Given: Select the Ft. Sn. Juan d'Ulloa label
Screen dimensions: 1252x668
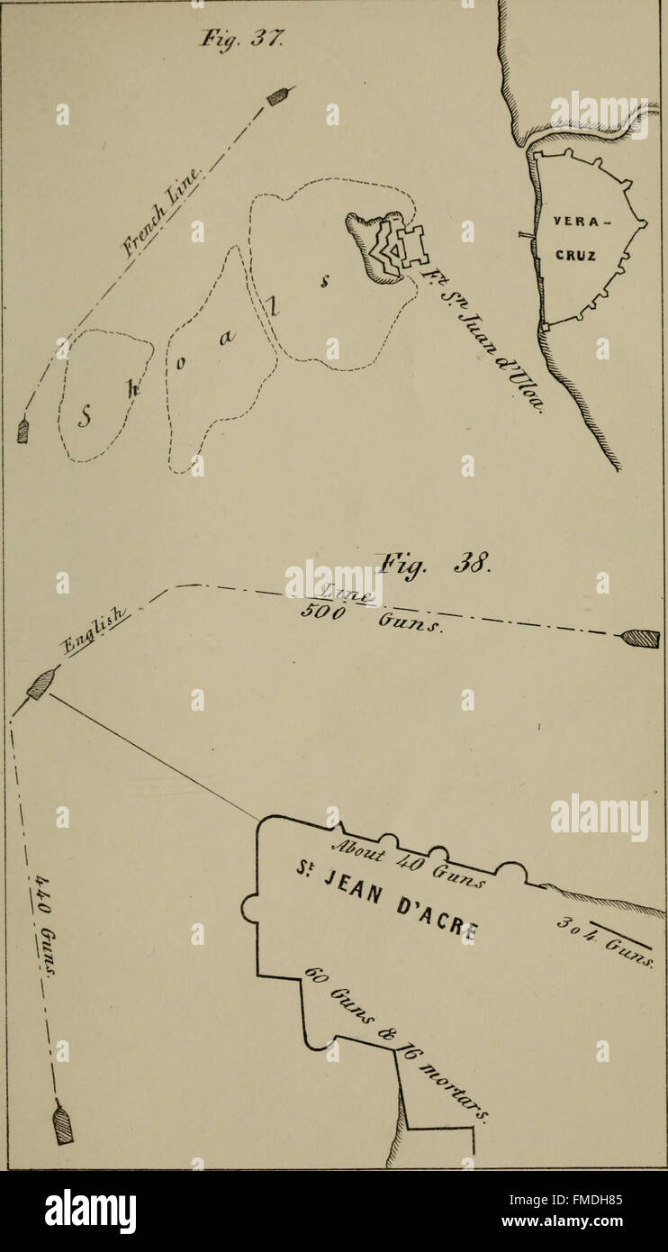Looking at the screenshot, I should point(482,344).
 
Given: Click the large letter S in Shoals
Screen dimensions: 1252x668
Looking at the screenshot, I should point(86,416).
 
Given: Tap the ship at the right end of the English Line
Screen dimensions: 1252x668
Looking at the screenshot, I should point(639,639).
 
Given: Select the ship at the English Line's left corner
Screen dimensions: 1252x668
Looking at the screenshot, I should point(40,685).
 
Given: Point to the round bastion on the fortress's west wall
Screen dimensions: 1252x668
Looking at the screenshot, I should point(249,909).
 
